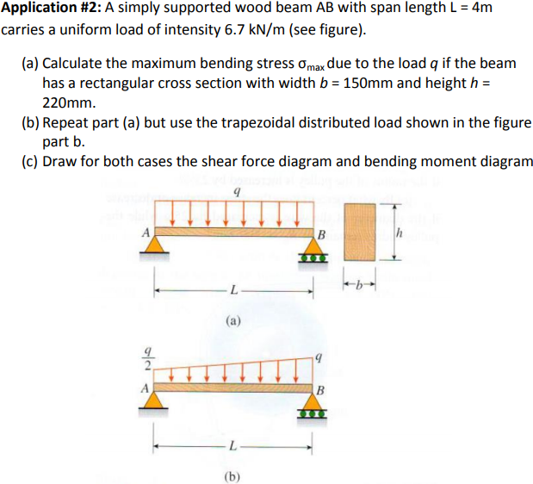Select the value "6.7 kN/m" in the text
pos(243,32)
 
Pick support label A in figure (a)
pos(146,232)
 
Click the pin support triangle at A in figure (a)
pos(155,247)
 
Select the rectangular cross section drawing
pos(360,231)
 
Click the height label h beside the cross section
pos(399,231)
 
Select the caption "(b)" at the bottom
pos(232,475)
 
